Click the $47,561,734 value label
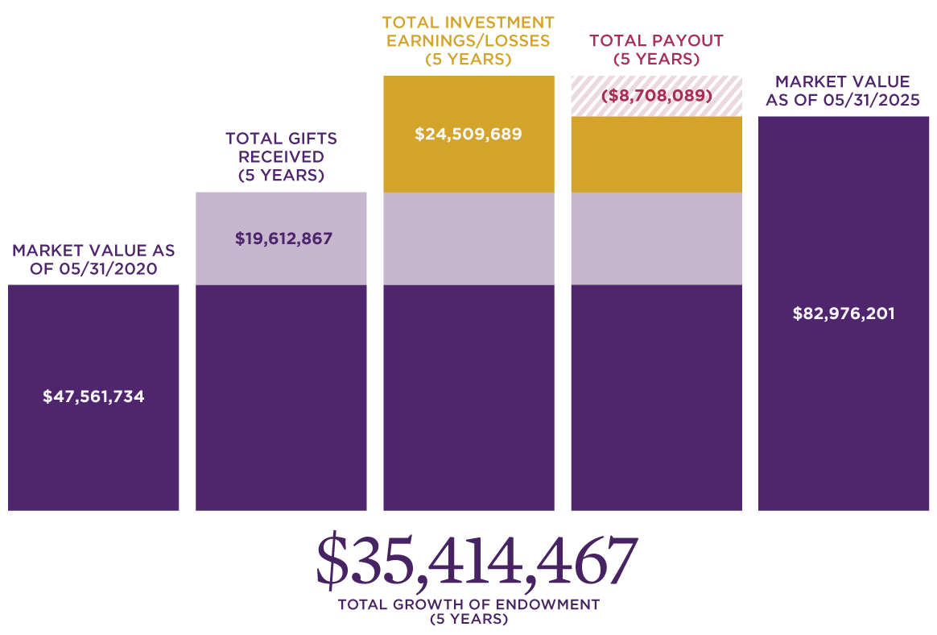[x=93, y=396]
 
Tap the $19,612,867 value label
[x=283, y=239]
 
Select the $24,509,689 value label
[x=468, y=135]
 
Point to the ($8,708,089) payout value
[x=657, y=96]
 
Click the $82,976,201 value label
[x=844, y=313]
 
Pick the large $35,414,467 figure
[x=477, y=560]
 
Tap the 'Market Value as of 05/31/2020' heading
[x=93, y=259]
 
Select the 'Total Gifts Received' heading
[x=281, y=156]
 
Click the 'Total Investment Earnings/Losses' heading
[x=468, y=40]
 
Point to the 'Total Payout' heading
[x=656, y=49]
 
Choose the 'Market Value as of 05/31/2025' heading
[x=842, y=90]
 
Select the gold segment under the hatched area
[x=656, y=155]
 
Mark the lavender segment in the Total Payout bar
[x=656, y=239]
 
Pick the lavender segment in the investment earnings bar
[x=468, y=239]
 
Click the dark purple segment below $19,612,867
[x=281, y=397]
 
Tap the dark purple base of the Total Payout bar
[x=656, y=397]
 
